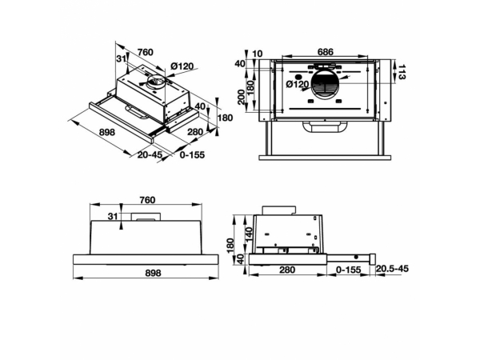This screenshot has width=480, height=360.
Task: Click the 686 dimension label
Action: [x=325, y=52]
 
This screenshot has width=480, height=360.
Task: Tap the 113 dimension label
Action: [x=401, y=72]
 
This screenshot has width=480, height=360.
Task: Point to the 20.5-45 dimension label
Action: [x=392, y=269]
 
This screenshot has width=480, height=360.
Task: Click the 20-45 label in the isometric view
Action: [x=150, y=154]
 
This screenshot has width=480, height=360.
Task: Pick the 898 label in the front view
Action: [x=153, y=273]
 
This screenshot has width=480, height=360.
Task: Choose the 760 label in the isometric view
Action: [x=145, y=52]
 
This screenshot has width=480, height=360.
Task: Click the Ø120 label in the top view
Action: [x=298, y=84]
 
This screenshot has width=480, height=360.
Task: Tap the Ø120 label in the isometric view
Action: [x=182, y=66]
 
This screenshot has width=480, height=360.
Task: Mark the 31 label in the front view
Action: [x=113, y=216]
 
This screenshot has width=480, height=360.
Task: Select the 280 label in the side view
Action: [x=287, y=270]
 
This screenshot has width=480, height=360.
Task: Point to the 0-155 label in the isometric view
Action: [x=192, y=154]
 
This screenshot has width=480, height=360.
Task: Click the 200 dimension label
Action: [x=242, y=97]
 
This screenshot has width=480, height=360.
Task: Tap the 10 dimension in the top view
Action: [x=258, y=54]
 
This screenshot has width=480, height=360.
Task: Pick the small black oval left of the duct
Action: [x=300, y=77]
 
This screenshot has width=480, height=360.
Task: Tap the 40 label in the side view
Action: [x=241, y=259]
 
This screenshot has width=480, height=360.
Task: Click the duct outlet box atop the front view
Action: [x=146, y=216]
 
